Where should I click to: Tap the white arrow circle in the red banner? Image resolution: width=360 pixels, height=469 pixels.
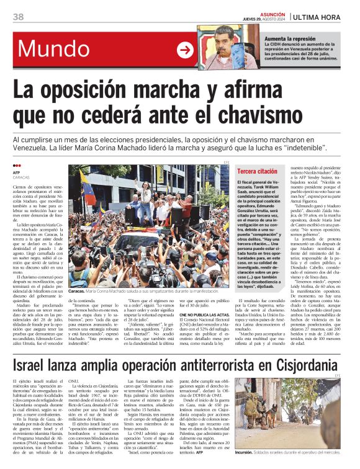(184, 50)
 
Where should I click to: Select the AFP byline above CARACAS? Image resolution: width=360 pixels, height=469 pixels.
(17, 173)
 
